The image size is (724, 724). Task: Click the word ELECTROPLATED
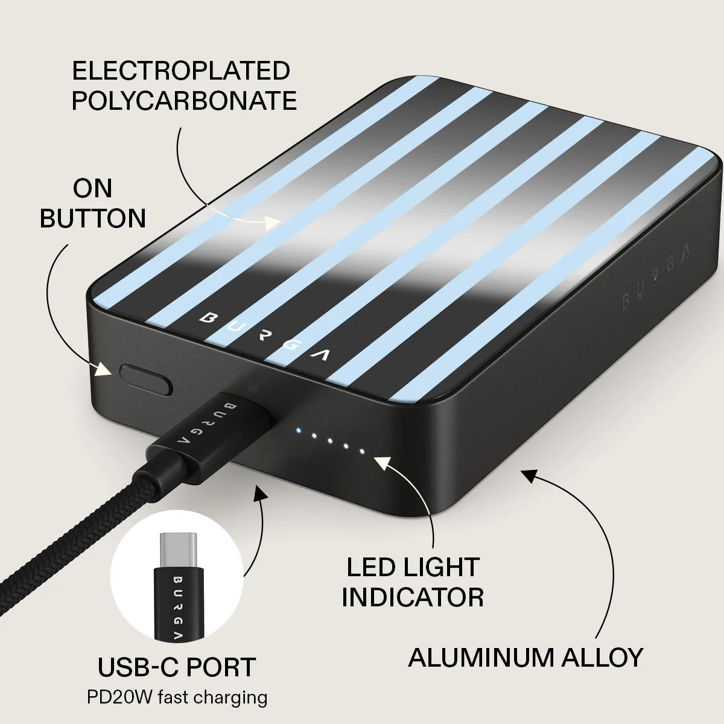click(x=181, y=71)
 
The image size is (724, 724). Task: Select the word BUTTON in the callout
click(x=93, y=218)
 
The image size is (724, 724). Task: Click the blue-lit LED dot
click(x=299, y=431)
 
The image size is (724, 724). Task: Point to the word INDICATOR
click(x=413, y=597)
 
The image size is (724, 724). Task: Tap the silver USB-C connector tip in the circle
click(x=178, y=551)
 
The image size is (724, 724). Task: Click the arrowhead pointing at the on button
click(x=103, y=369)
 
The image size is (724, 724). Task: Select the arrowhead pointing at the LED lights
click(x=383, y=463)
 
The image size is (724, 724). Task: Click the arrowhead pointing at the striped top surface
click(x=272, y=223)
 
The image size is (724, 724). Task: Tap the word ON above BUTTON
click(x=92, y=188)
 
